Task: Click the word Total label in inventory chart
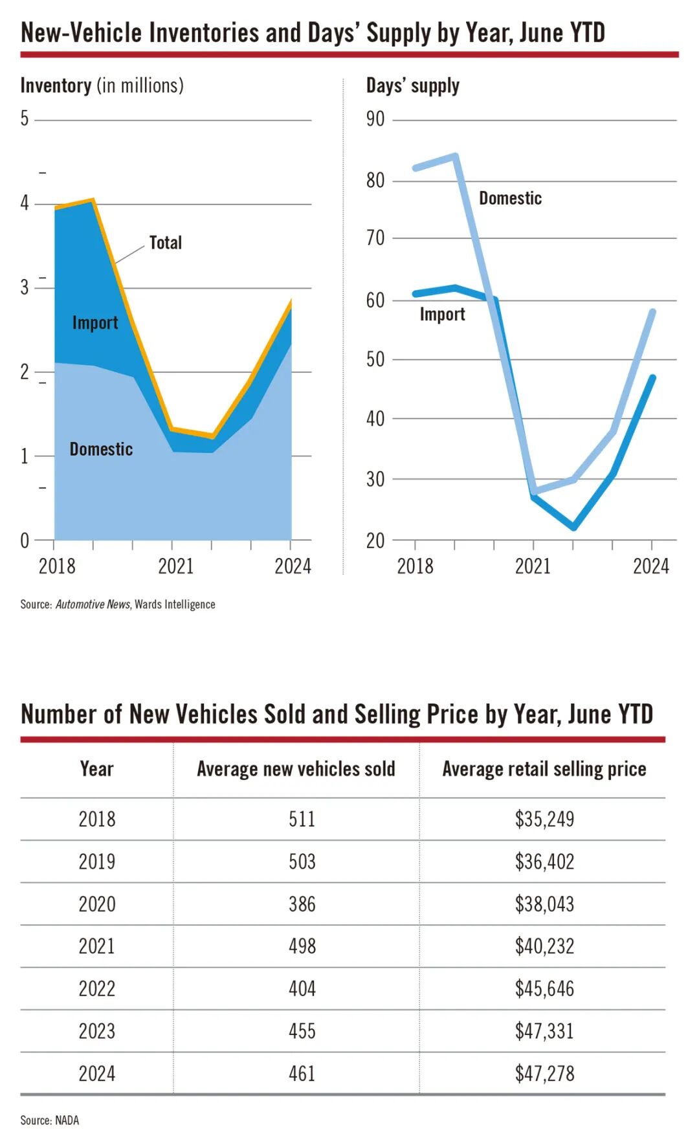point(165,243)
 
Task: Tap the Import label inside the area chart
point(95,322)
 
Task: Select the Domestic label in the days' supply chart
point(510,198)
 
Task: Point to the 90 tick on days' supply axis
point(375,119)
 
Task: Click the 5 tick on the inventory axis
point(25,118)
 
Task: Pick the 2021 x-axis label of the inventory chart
point(175,566)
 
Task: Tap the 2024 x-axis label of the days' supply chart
point(650,566)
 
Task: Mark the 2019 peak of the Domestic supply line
point(456,156)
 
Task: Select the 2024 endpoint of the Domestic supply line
point(652,312)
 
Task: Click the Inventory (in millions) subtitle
point(102,85)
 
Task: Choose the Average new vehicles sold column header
point(296,769)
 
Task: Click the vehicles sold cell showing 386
point(302,904)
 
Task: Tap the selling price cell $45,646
point(544,989)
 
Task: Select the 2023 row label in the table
point(97,1031)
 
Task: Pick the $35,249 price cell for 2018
point(544,819)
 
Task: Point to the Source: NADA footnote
point(49,1120)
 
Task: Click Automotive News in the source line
point(93,605)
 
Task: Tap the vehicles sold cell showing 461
point(302,1074)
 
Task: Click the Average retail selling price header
point(544,769)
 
